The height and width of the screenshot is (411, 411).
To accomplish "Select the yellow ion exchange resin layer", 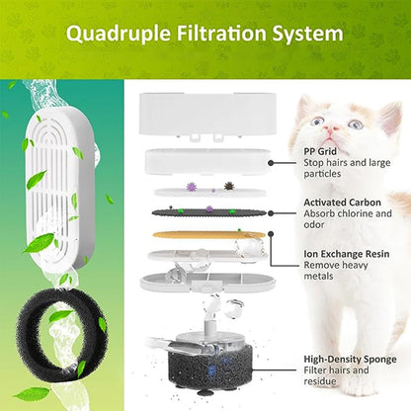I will pos(197,235).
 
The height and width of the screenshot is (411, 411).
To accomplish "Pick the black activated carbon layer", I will pos(199,210).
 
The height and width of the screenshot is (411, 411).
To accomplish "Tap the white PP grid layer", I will pos(198,160).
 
